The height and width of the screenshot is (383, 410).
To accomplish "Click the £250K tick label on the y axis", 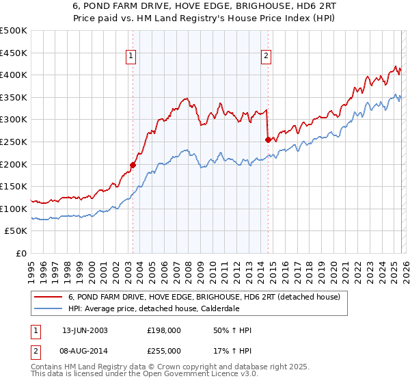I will [x=14, y=142].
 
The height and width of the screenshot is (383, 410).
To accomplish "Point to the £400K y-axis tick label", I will [x=14, y=75].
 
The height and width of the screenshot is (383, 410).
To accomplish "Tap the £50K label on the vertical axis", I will [x=16, y=231].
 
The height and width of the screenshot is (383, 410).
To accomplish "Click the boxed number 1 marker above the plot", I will [x=131, y=57].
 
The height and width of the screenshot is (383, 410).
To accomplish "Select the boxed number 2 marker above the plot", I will [x=266, y=57].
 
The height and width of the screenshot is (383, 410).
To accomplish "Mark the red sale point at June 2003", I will [x=133, y=165].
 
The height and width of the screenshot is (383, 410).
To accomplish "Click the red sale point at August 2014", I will [x=268, y=140].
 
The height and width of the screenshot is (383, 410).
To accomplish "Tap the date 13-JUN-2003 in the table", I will [x=85, y=330].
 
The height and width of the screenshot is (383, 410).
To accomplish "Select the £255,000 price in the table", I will [x=164, y=350].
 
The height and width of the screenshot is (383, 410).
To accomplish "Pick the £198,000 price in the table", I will [x=164, y=330].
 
